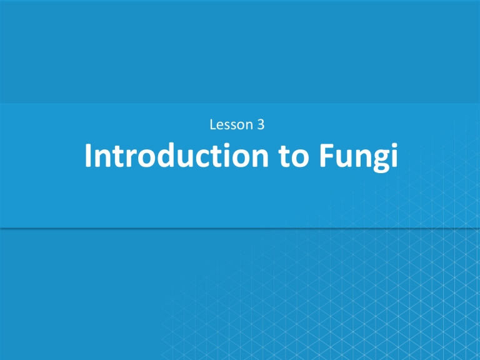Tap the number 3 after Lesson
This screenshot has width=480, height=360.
pyautogui.click(x=260, y=125)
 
